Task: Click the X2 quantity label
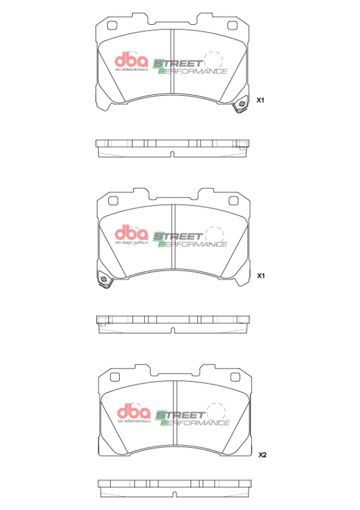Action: tap(262, 455)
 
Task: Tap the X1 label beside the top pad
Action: tap(260, 101)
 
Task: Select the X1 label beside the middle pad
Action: tap(260, 277)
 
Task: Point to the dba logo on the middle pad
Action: tap(131, 235)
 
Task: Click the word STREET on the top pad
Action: tap(178, 64)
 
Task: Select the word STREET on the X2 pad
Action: tap(181, 414)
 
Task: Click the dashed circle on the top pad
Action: tap(212, 61)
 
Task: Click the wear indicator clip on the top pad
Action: tap(241, 105)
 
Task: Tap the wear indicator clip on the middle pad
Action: tap(103, 280)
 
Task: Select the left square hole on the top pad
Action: tap(113, 26)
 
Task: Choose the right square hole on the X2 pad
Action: tap(235, 378)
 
